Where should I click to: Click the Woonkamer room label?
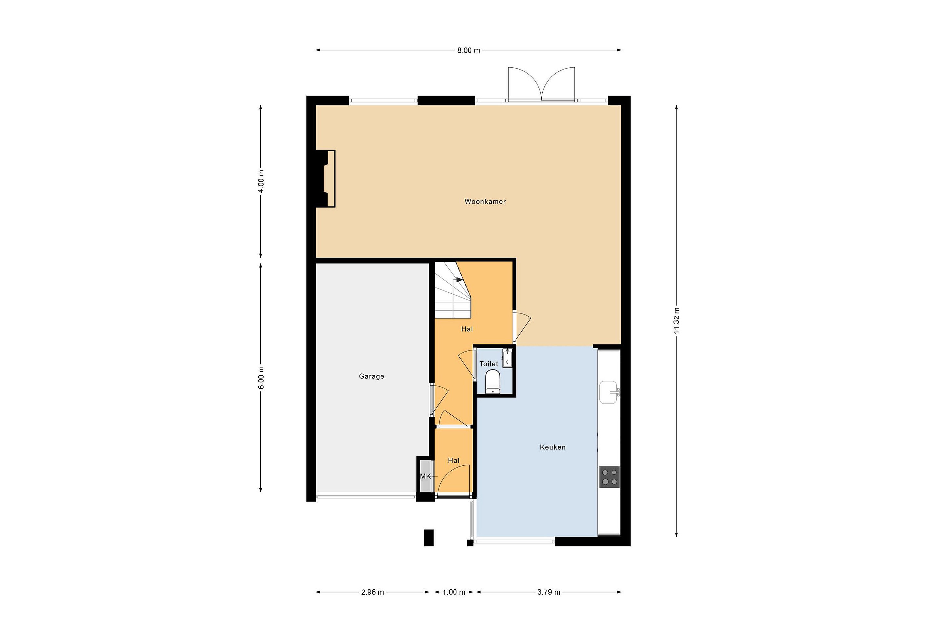coord(485,202)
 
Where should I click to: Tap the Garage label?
coord(371,376)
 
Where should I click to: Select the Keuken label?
coord(553,447)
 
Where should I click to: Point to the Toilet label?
coord(489,364)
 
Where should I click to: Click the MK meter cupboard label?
coord(425,476)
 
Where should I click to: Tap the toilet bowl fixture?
coord(493,381)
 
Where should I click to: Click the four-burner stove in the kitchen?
coord(609,477)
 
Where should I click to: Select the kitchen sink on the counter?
coord(608,392)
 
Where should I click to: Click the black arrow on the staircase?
coord(460,279)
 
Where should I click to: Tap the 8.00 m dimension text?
coord(468,50)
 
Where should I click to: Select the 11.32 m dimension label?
coord(676,320)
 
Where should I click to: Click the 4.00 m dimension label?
coord(261,181)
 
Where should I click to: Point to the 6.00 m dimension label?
coord(261,378)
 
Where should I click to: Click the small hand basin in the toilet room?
coord(507,359)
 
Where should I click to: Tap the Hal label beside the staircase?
coord(467,329)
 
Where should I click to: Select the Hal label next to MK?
coord(454,460)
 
